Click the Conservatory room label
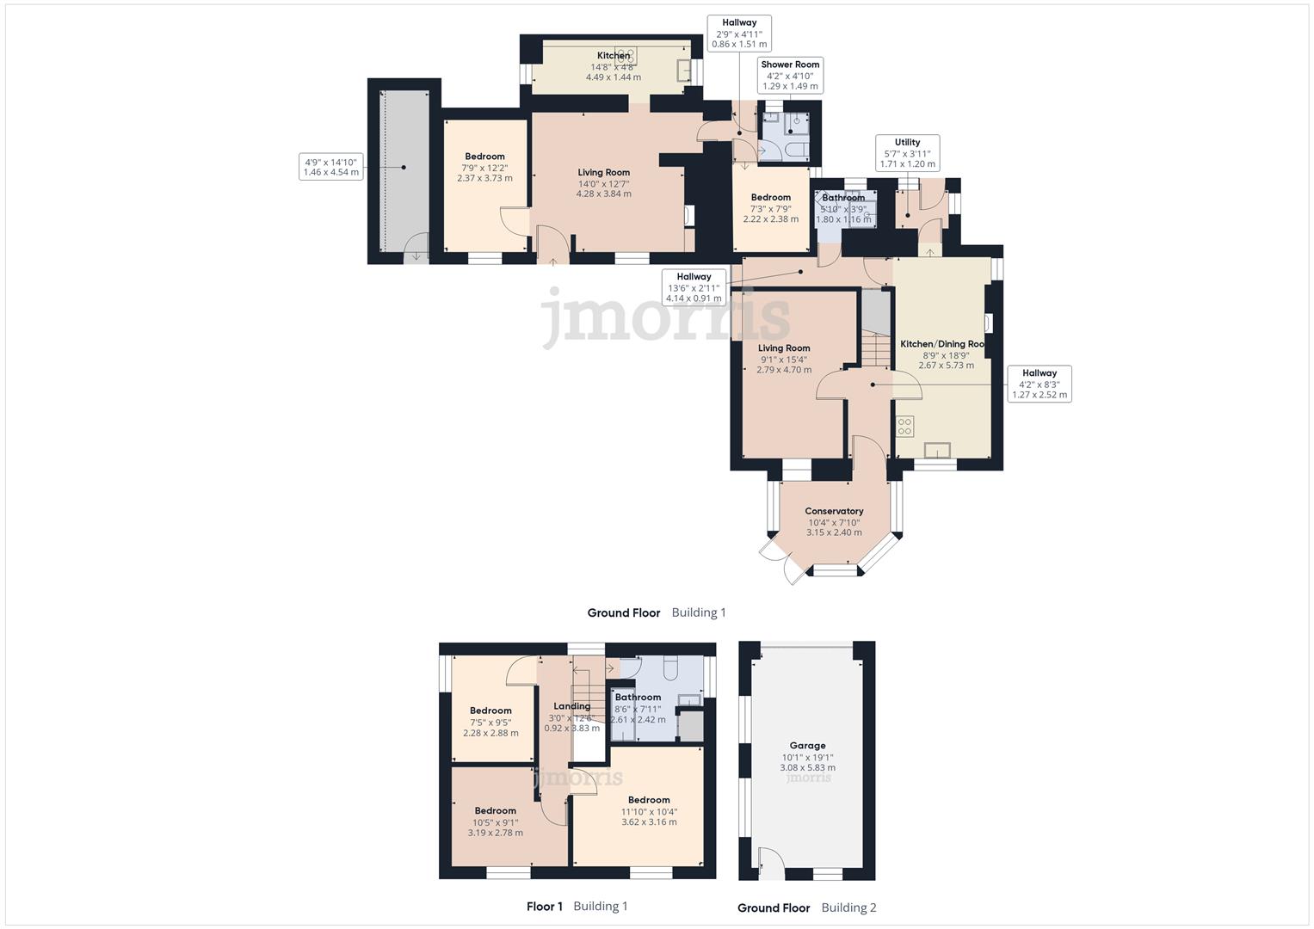(834, 522)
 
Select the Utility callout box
(907, 153)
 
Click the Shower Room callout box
(790, 76)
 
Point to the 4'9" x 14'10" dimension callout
(330, 167)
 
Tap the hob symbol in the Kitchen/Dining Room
(904, 426)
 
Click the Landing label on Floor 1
(571, 717)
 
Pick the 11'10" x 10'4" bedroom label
(649, 811)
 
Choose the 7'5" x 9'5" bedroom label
(490, 722)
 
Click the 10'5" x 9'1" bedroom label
(495, 821)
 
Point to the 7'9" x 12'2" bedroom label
(484, 168)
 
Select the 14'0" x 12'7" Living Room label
(603, 183)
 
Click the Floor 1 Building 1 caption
(577, 906)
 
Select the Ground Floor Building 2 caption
(806, 907)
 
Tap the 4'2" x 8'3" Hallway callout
(1039, 385)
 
